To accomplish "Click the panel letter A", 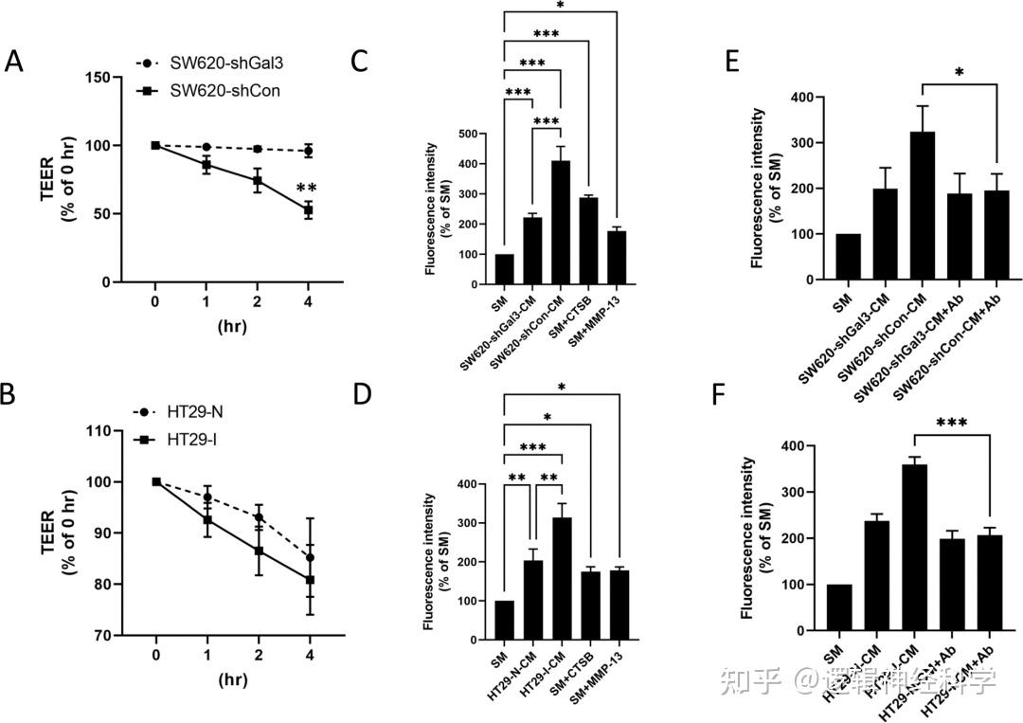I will click(x=14, y=62).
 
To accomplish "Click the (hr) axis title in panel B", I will click(x=233, y=680).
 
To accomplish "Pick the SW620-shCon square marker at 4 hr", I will click(x=309, y=209).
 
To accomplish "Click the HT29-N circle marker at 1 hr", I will click(x=207, y=497).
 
